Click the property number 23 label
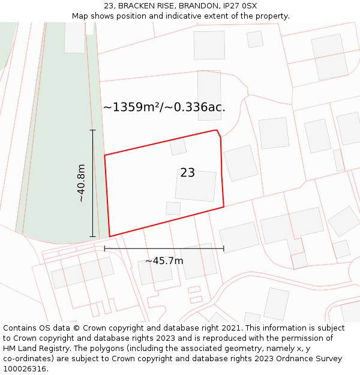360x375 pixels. click(187, 173)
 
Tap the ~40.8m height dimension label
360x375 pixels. click(81, 183)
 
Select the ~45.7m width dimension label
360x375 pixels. click(164, 261)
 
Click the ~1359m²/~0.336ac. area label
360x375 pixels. click(164, 107)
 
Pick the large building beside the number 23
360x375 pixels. click(196, 185)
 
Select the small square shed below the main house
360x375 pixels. click(173, 208)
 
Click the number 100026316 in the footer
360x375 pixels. click(24, 369)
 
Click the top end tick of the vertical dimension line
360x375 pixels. click(92, 130)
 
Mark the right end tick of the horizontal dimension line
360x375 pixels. click(224, 248)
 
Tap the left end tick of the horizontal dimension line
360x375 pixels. click(104, 248)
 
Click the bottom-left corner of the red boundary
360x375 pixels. click(109, 236)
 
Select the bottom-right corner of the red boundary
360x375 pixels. click(224, 207)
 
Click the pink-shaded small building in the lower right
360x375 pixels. click(299, 261)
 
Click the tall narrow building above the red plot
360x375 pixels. click(209, 94)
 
